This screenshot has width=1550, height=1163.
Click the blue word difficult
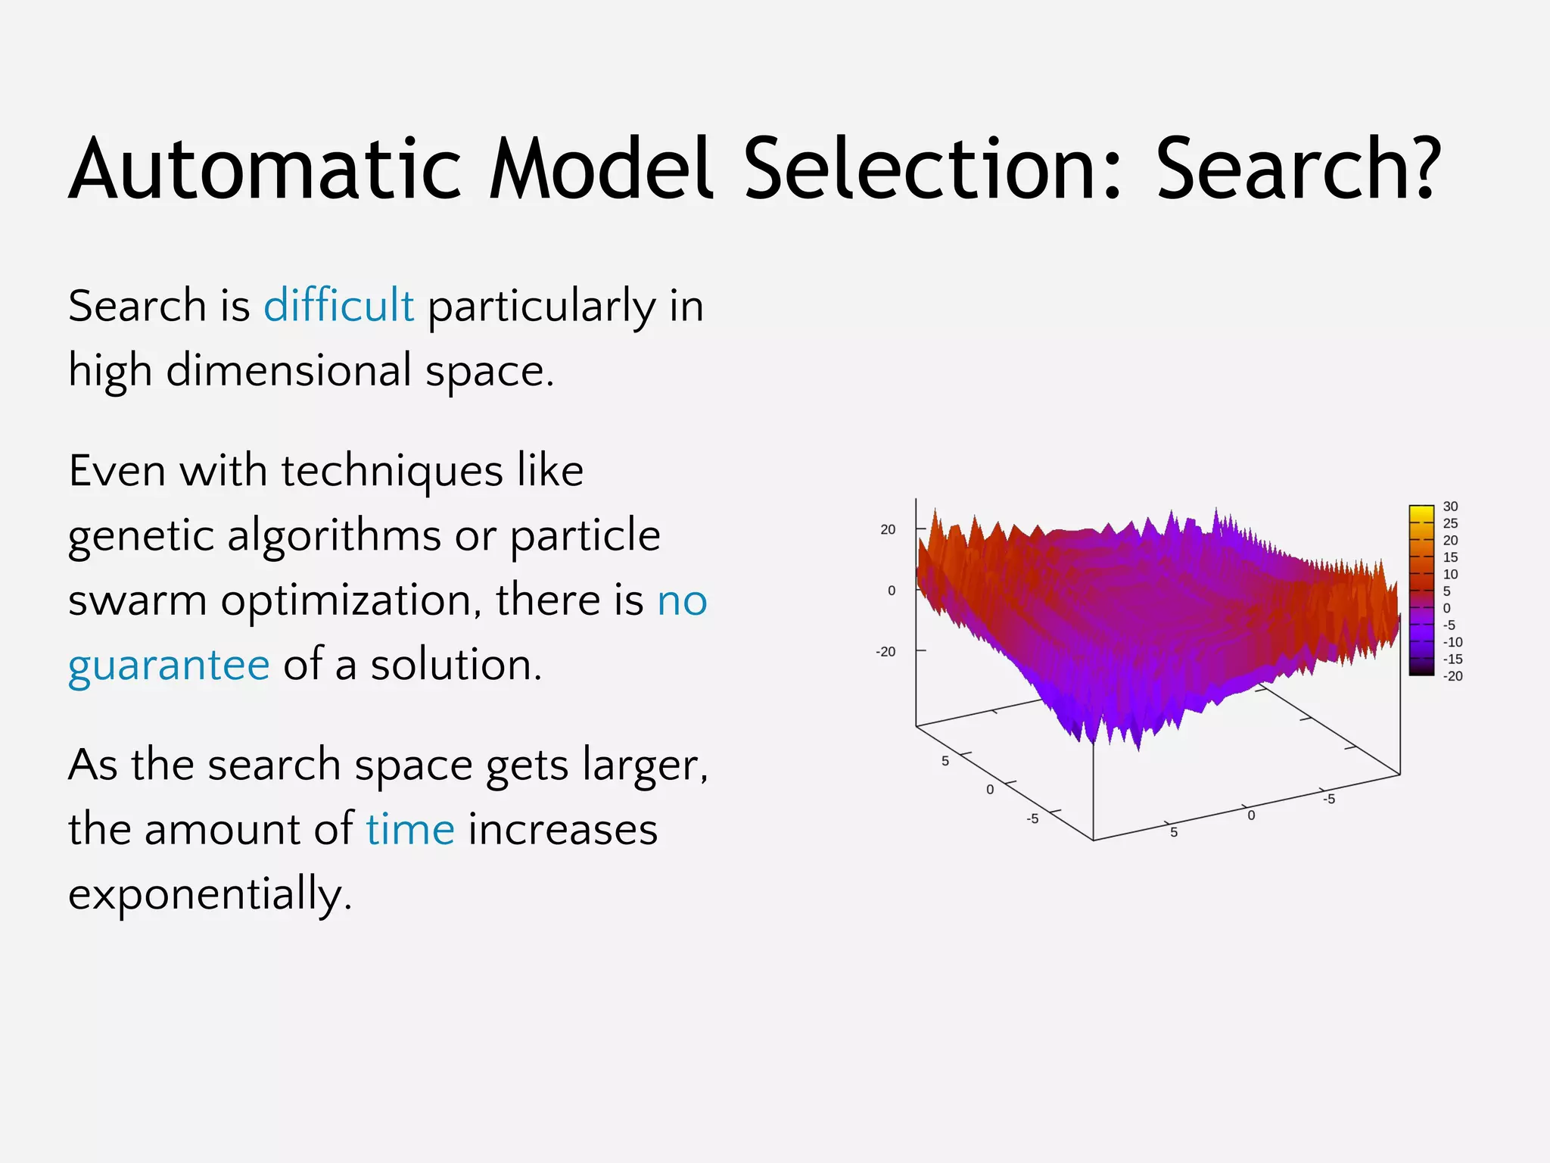(x=338, y=306)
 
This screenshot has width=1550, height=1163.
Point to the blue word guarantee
(x=169, y=666)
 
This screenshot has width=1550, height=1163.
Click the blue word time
(x=410, y=829)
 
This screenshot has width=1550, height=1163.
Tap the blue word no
(x=682, y=600)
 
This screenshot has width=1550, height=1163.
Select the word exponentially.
(x=210, y=894)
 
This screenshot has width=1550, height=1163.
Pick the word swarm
(x=137, y=600)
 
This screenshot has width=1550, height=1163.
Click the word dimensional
(x=288, y=371)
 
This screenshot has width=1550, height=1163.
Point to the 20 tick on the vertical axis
(x=888, y=530)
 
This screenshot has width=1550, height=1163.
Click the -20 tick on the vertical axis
(x=885, y=652)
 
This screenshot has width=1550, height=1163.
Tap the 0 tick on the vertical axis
(x=892, y=591)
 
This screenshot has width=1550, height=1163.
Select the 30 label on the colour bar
(x=1450, y=507)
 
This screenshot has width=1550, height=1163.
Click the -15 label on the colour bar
(x=1452, y=659)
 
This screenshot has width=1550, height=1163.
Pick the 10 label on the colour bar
(x=1450, y=574)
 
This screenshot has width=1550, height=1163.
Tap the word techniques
(x=392, y=471)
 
